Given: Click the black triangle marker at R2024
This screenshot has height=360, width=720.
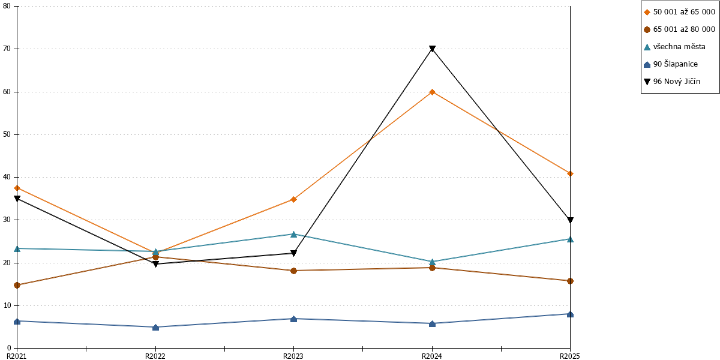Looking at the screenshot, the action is coord(433,49).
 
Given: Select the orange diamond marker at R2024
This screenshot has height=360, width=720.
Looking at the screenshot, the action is coord(433,92).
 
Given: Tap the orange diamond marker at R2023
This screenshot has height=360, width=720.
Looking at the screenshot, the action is coord(293,200).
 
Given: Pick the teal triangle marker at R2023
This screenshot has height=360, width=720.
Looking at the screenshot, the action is coord(293,235).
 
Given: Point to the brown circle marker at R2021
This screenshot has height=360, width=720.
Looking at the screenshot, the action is coord(17,285).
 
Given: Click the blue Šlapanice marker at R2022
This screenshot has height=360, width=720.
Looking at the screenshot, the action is coord(155,328).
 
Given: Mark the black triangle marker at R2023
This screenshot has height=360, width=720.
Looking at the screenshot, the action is coord(293,254).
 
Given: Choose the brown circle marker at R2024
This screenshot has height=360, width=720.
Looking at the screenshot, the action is coord(433,268).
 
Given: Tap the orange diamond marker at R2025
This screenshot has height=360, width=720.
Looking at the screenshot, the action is coord(570,174).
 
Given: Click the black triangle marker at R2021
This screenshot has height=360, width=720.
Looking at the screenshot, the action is coord(17,199).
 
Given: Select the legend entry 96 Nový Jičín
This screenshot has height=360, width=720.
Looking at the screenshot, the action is coord(672,82).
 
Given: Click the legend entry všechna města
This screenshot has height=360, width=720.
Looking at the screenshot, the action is coord(674,47).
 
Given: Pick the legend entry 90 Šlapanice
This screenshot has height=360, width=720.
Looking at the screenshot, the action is coord(671,64).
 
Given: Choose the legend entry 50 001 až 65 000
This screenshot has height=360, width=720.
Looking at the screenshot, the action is coord(680,12).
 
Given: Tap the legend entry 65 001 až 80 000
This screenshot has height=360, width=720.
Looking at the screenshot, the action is coord(680,29).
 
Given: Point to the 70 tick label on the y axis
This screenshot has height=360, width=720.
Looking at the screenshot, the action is coord(7,49).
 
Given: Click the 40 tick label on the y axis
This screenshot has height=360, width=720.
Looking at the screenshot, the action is coord(7,177).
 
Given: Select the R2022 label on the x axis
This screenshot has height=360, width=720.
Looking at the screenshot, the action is coord(155,356).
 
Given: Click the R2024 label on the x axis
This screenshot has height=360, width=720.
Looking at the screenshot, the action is coord(432,356).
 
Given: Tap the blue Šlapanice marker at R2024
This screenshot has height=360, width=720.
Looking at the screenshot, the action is coord(433,323).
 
